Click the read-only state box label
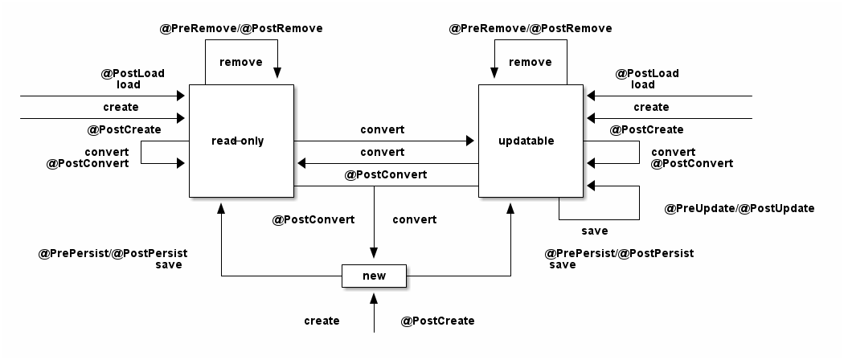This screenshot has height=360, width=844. click(x=237, y=141)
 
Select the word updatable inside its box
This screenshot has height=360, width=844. click(x=526, y=141)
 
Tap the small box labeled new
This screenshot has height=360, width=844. click(x=374, y=276)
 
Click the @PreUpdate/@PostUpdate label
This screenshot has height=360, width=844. click(x=740, y=208)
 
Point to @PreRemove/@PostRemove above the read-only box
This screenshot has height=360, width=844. click(x=242, y=28)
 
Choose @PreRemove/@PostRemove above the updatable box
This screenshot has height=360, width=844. click(x=531, y=28)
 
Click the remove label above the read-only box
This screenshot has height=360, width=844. click(x=240, y=62)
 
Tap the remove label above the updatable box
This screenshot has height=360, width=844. click(x=531, y=62)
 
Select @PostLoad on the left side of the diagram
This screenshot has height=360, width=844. click(x=133, y=73)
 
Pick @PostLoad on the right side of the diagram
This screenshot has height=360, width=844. click(x=647, y=73)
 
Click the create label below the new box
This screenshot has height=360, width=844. click(x=322, y=321)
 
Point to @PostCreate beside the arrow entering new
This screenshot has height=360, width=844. click(x=437, y=321)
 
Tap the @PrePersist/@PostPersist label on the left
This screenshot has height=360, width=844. click(x=113, y=253)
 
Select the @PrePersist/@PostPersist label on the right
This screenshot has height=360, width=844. click(x=619, y=253)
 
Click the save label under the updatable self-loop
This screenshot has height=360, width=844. click(x=595, y=231)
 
